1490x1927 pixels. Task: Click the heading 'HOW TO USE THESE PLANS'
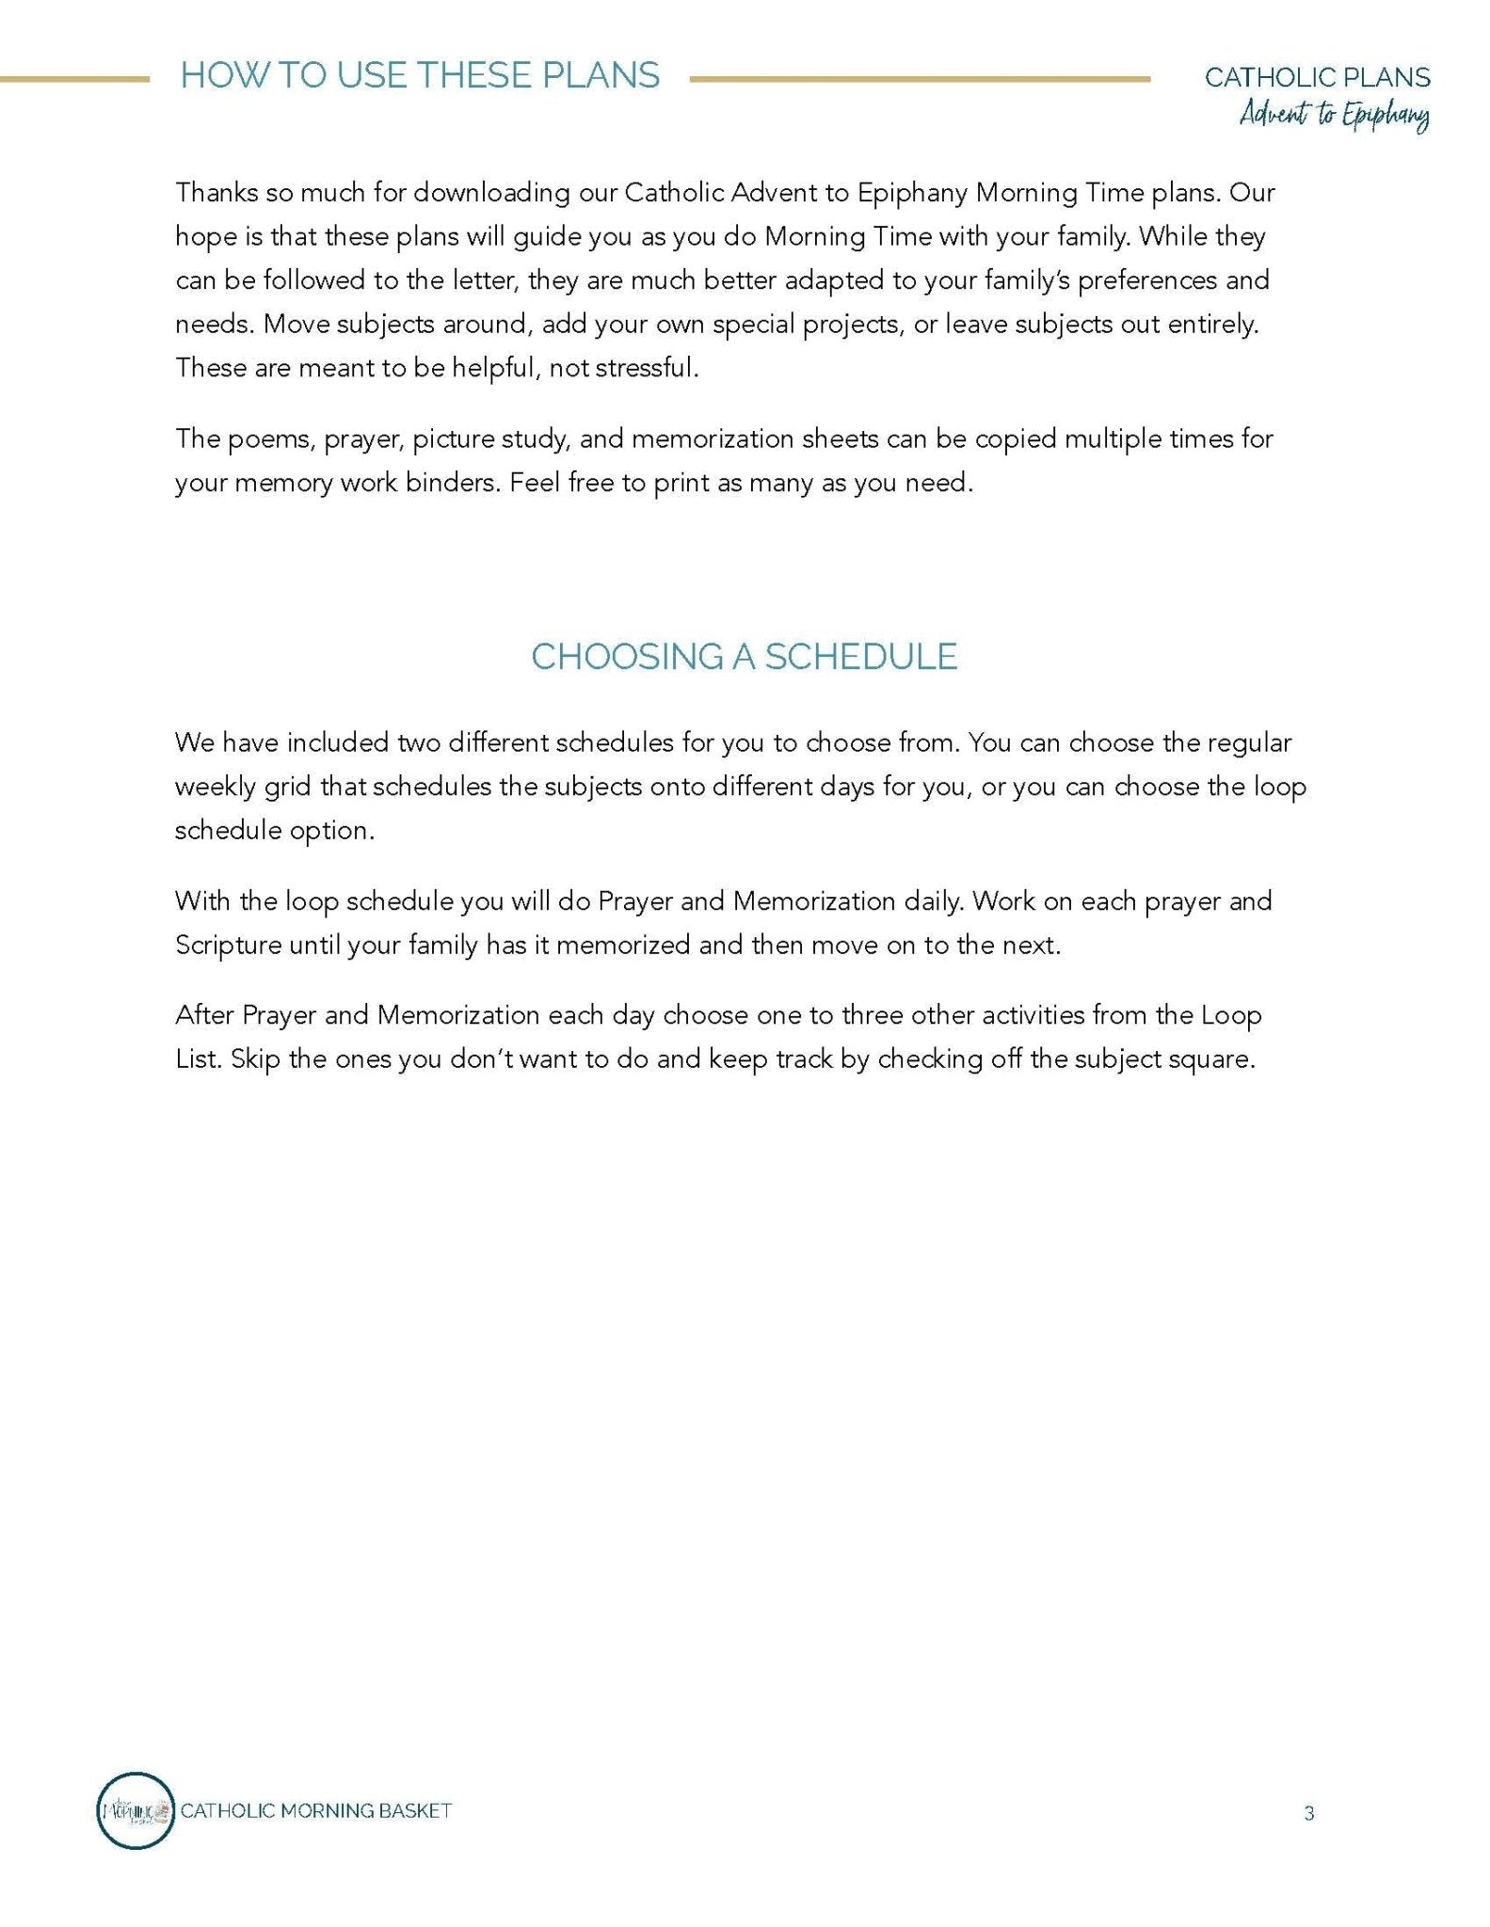(x=420, y=75)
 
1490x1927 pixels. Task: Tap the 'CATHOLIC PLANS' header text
(x=1317, y=77)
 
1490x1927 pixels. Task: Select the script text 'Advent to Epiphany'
(x=1334, y=117)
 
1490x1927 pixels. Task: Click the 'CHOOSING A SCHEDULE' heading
(x=744, y=657)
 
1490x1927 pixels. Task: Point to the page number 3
(x=1308, y=1813)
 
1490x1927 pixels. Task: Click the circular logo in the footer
(x=136, y=1811)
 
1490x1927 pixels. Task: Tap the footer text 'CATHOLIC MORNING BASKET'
(x=315, y=1811)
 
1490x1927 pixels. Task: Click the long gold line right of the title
(x=920, y=80)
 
